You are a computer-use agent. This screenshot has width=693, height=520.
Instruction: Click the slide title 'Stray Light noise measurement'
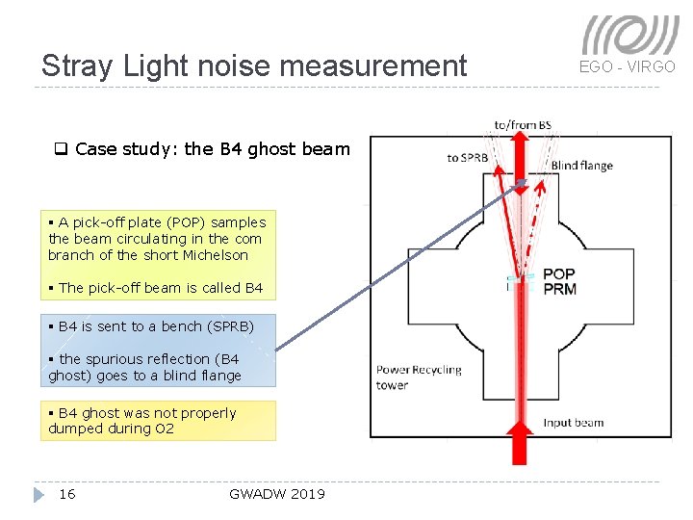point(254,65)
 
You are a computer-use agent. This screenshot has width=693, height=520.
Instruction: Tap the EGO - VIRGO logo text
point(627,66)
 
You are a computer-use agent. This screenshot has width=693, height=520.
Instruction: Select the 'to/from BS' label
point(523,124)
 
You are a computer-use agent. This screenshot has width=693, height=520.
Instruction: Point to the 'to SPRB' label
point(467,157)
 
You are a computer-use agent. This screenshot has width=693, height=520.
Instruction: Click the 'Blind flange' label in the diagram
point(581,166)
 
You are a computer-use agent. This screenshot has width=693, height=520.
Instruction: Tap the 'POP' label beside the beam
point(558,274)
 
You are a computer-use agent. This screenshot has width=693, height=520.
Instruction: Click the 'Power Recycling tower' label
point(419,377)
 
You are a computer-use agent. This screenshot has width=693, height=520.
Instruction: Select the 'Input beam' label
point(573,423)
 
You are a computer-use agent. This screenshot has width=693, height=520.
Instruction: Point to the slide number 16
point(66,494)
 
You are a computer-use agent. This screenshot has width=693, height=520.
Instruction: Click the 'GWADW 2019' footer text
point(277,494)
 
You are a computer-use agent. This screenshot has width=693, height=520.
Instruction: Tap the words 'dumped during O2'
point(111,429)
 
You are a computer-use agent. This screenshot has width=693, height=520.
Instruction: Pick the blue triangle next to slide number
point(38,494)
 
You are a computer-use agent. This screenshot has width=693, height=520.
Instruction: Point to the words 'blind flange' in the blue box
point(201,376)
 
